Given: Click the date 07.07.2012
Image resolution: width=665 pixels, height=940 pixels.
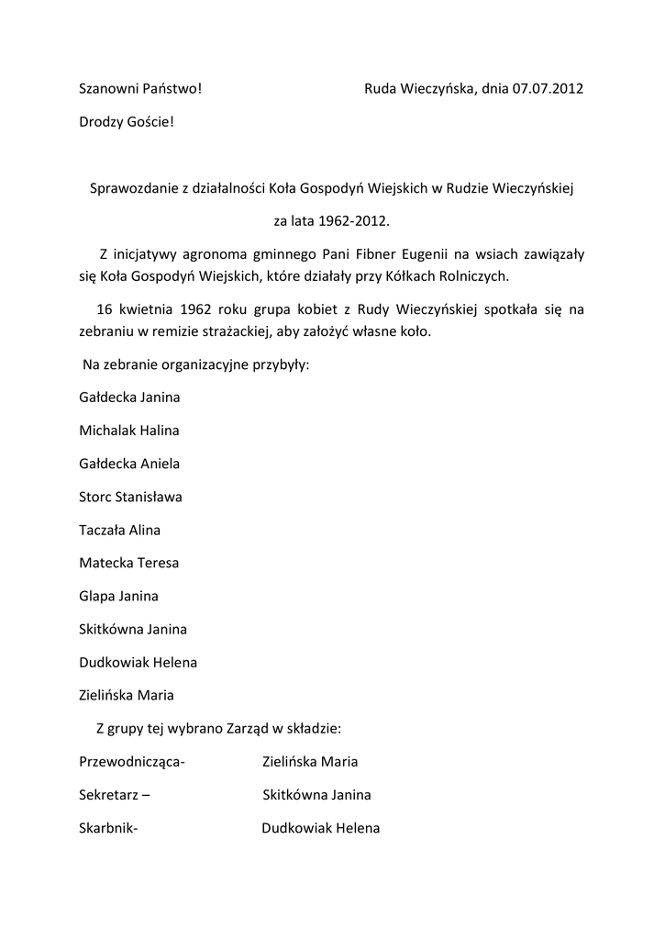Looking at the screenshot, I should point(549,89).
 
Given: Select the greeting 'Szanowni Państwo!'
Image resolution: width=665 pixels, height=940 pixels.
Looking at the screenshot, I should point(140,89).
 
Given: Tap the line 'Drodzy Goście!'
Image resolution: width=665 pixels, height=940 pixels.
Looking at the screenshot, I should point(126,122).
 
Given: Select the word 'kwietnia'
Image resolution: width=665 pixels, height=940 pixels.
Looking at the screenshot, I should point(147,310).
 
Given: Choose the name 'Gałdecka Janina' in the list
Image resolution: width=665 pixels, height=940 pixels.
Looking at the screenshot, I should point(129,397).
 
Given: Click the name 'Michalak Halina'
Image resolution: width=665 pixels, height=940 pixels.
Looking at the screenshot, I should point(129,431).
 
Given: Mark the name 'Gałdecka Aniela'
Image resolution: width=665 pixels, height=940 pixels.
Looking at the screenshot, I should point(129,464).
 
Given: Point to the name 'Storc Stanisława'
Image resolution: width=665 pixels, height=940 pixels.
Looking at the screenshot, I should point(130,497).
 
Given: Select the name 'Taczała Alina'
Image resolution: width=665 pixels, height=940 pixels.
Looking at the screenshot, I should point(120,530).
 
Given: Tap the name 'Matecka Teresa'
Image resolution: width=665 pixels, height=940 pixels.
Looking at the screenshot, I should point(129,563).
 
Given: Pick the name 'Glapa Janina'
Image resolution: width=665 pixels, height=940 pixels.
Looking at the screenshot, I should point(118,596).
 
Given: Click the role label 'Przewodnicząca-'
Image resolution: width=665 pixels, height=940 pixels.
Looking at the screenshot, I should point(132,762).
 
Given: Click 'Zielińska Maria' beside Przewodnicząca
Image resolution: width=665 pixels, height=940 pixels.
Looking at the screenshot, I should point(310,762).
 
